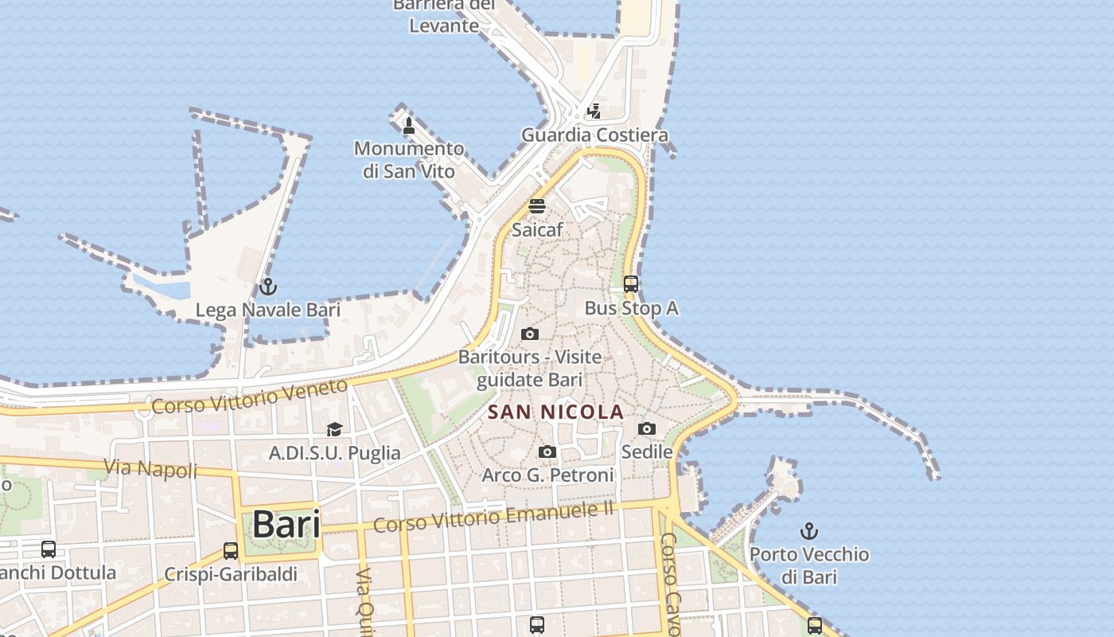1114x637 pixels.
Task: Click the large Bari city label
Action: tap(286, 525)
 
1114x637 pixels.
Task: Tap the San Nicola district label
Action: tap(555, 412)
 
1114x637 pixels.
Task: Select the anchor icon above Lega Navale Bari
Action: tap(268, 286)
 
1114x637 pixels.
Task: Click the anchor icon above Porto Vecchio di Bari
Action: tap(809, 530)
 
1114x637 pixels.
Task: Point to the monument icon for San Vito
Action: tap(409, 125)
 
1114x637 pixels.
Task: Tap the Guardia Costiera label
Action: tap(594, 135)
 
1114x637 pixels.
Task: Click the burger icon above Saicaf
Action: tap(537, 206)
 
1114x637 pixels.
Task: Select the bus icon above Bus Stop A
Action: tap(631, 283)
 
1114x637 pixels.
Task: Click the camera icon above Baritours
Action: tap(530, 334)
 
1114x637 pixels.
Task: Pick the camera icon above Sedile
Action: tap(647, 428)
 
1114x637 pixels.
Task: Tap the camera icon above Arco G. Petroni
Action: tap(547, 451)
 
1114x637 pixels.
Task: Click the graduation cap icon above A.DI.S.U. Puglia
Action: tap(334, 429)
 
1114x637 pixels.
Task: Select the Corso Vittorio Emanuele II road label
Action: tap(493, 517)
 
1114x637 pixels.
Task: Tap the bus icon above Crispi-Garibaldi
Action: tap(231, 550)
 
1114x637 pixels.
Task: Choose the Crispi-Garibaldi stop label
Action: tap(231, 573)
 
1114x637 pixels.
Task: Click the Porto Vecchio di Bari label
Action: tap(809, 565)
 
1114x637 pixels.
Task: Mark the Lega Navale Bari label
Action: tap(268, 310)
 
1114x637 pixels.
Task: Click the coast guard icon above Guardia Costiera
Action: tap(594, 111)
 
